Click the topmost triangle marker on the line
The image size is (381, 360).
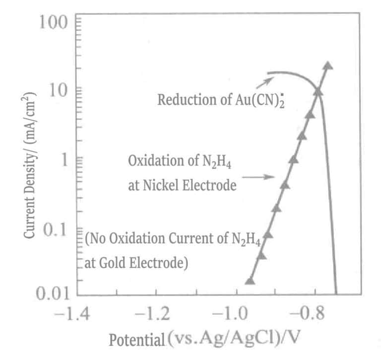coord(327,66)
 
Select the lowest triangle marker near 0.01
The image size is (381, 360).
coord(250,281)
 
